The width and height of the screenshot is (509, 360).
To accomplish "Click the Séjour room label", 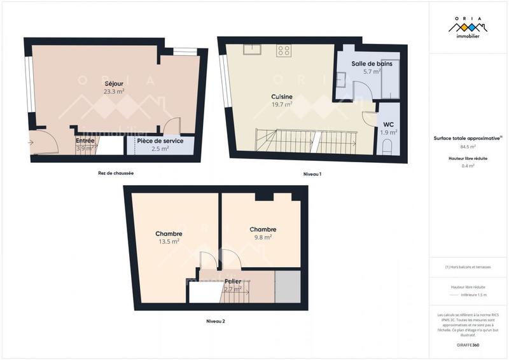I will click(x=114, y=83).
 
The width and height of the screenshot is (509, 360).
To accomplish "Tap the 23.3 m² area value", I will click(x=114, y=91).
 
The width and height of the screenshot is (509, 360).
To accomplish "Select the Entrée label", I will click(x=85, y=141).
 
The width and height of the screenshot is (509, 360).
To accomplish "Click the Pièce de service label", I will click(x=160, y=141).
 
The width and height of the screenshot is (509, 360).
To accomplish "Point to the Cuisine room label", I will click(x=281, y=97).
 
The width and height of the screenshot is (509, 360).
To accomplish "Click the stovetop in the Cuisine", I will click(x=284, y=51).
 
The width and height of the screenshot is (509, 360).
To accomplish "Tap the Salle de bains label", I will click(x=372, y=64).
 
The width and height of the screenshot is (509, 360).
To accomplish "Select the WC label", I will click(x=388, y=125).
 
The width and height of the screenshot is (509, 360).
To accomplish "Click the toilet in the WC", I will click(x=388, y=148).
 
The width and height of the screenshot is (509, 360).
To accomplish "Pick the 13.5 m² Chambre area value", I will click(x=169, y=241).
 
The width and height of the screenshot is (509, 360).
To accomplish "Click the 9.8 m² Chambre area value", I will click(x=262, y=237).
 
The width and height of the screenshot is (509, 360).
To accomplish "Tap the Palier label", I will click(x=232, y=281).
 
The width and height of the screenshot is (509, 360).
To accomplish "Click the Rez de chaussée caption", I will click(x=116, y=173).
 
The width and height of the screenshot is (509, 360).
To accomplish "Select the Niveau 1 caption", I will click(x=312, y=173).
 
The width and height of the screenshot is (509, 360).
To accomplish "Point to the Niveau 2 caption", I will click(x=216, y=321).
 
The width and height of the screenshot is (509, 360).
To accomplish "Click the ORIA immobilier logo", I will click(x=468, y=28).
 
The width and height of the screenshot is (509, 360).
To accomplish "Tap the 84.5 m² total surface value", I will click(x=468, y=146).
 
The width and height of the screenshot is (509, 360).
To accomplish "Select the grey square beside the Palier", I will click(x=287, y=286).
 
